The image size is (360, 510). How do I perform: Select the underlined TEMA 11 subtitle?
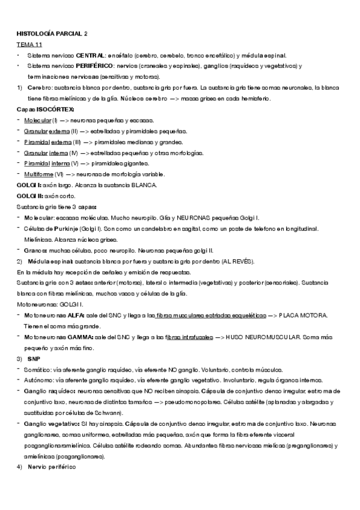pos(29,44)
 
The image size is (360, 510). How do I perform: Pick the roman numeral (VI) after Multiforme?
pos(66,174)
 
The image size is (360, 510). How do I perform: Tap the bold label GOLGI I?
pos(29,185)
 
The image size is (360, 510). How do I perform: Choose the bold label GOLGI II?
pos(30,195)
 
